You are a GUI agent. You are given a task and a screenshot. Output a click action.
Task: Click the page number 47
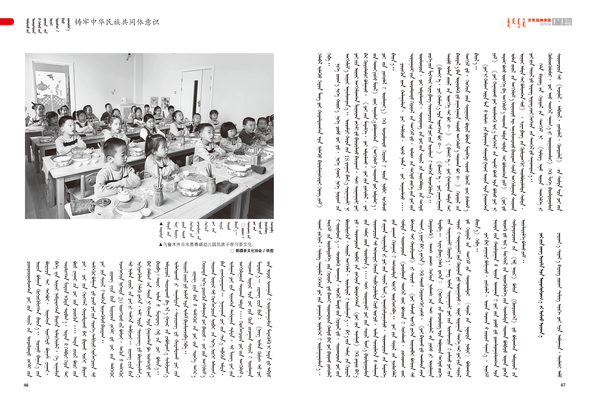click(x=563, y=385)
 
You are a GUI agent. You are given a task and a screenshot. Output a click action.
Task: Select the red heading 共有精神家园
click(x=539, y=20)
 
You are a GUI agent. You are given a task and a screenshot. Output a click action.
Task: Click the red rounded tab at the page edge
click(x=7, y=22)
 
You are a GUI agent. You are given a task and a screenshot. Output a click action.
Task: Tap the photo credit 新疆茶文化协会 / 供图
click(x=252, y=251)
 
